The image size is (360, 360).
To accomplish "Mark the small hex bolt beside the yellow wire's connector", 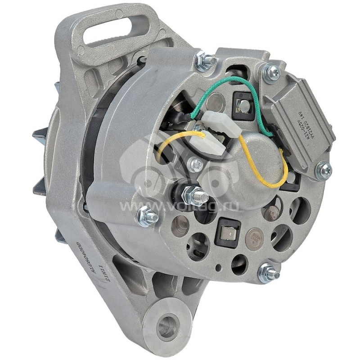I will [195, 164].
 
